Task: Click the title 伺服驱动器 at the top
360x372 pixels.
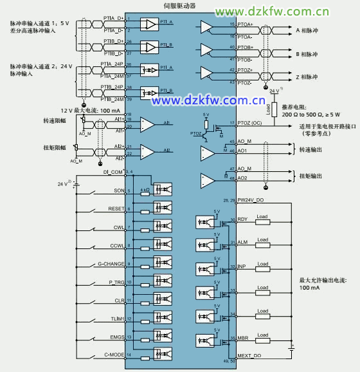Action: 179,5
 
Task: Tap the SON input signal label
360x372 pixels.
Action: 119,191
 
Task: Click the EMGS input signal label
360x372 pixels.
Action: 116,337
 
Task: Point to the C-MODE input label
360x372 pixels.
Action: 114,355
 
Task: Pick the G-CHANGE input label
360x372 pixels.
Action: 111,264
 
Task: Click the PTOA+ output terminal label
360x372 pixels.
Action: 245,24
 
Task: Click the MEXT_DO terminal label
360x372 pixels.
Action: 248,355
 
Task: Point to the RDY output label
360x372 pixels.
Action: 242,219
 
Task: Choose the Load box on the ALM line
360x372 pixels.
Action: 262,240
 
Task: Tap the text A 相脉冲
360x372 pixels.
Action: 307,30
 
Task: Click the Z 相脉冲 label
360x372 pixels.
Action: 307,77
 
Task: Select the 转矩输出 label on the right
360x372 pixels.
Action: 309,174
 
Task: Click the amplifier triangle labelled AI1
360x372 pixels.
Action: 147,123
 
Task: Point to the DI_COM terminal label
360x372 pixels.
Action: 113,172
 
